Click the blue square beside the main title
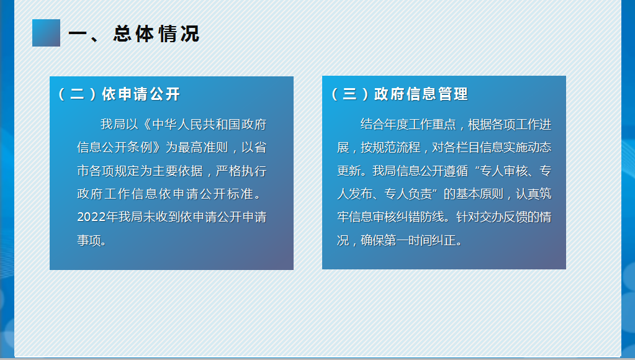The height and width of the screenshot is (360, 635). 46,33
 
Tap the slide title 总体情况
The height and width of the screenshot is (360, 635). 156,34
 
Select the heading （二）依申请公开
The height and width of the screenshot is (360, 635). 119,94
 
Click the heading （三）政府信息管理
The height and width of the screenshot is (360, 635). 399,94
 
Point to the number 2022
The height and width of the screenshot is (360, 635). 91,217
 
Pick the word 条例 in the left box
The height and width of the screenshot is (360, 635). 139,147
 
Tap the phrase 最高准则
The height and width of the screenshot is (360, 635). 204,147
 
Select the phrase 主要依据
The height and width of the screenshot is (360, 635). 178,171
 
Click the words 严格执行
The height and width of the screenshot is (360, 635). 241,171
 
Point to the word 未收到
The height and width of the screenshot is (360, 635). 162,217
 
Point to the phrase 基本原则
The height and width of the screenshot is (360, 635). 480,194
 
